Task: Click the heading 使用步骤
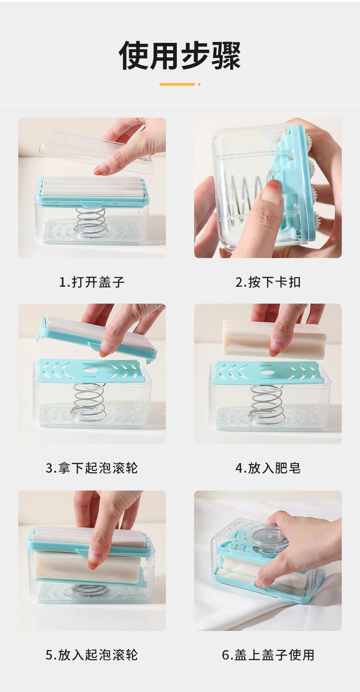(x=180, y=55)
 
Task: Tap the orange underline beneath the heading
(x=177, y=84)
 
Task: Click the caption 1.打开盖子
(x=92, y=282)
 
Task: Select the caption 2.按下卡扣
(x=268, y=282)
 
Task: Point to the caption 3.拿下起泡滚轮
(x=92, y=468)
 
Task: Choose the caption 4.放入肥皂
(x=268, y=468)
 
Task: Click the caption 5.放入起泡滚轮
(x=92, y=655)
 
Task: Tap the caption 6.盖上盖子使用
(x=268, y=655)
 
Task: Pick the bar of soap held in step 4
(x=274, y=338)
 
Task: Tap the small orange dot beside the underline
(x=199, y=84)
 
